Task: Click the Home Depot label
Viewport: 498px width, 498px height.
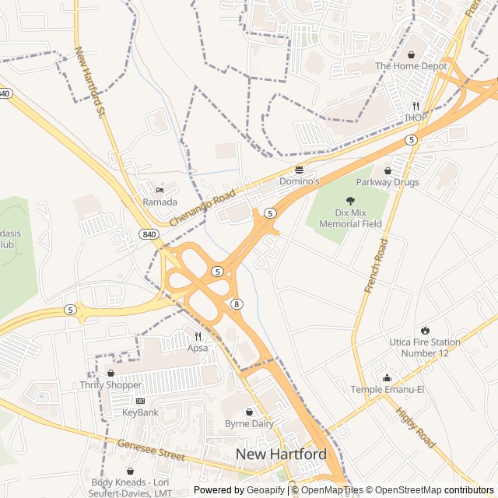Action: pos(411,66)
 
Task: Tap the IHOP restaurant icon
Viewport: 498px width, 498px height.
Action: pos(416,106)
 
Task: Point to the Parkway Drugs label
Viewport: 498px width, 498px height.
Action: pos(388,182)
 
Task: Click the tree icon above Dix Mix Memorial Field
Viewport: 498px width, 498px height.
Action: pos(350,201)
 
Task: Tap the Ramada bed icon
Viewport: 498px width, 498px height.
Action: pos(160,190)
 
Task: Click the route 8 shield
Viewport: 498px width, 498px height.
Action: pos(236,303)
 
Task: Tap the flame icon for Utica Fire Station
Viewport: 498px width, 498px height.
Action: pos(425,330)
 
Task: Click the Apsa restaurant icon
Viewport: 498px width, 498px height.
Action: pos(198,336)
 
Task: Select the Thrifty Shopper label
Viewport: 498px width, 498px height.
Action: pos(110,384)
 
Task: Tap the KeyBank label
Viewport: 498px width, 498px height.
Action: pos(140,412)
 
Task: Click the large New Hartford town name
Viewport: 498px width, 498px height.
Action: pos(281,454)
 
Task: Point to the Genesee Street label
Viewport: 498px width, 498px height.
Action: pos(151,450)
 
